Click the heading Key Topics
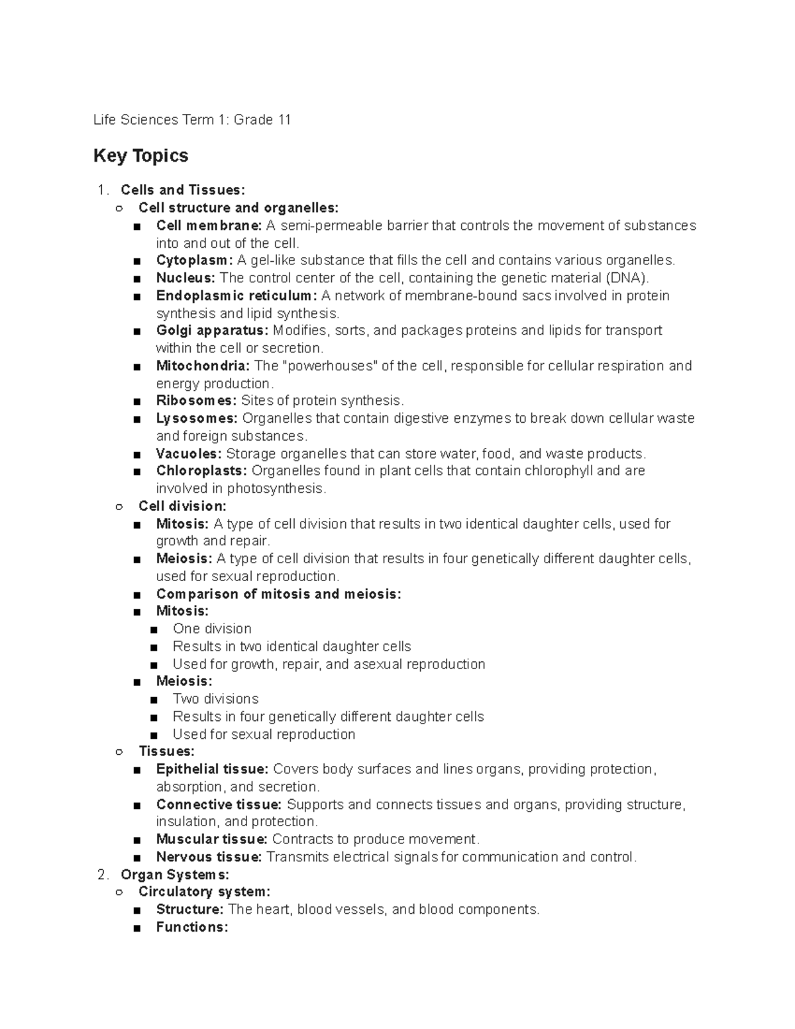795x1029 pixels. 140,156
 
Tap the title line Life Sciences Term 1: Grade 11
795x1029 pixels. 192,120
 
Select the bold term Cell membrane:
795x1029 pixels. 209,226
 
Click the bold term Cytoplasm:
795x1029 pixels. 194,260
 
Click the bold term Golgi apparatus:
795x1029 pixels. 212,331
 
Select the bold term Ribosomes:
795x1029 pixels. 196,401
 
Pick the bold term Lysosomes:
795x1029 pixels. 197,419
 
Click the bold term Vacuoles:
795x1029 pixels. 189,454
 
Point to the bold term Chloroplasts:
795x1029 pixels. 201,471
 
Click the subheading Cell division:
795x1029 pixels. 182,506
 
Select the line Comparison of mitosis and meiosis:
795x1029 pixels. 278,594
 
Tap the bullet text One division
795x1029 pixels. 212,629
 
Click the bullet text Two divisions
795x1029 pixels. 215,699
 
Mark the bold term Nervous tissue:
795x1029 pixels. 209,857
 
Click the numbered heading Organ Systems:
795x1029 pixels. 175,875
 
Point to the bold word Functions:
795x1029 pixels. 192,928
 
